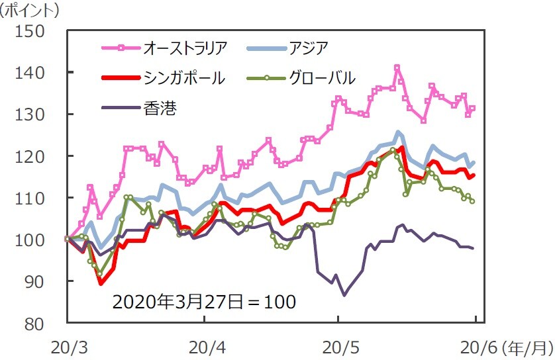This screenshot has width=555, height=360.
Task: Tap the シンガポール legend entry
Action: tap(184, 77)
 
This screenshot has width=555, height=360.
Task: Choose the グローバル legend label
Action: tap(322, 77)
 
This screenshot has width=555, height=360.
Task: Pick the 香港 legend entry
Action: tap(160, 107)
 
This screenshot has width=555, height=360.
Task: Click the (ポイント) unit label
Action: tap(30, 10)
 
